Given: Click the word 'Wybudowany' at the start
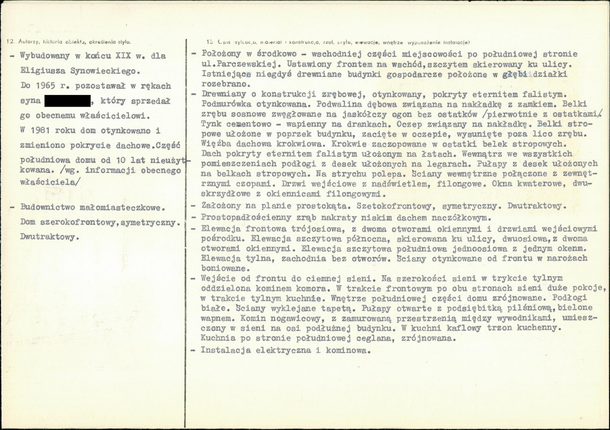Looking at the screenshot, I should tap(44, 56).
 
